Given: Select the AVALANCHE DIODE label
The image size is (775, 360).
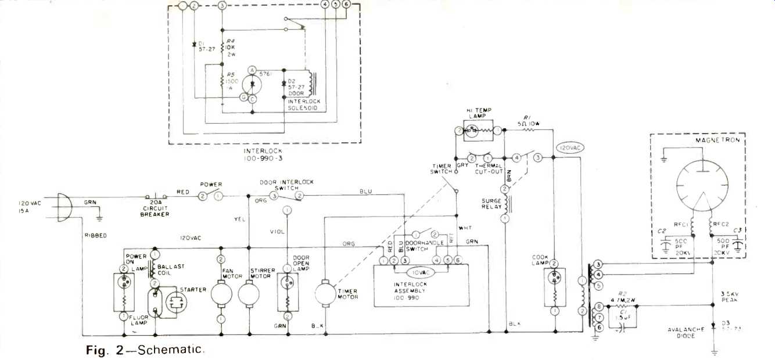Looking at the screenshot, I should (x=687, y=332).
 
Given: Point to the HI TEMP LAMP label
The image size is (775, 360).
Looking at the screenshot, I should (x=476, y=114).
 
